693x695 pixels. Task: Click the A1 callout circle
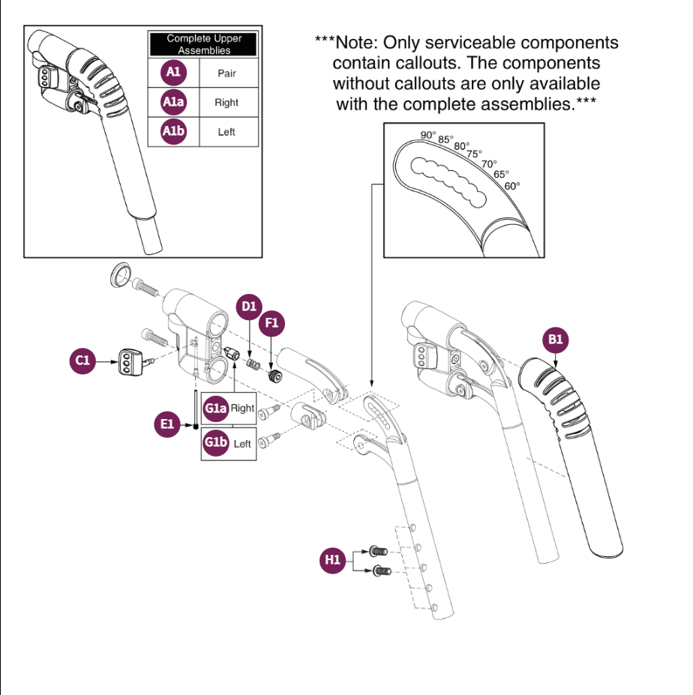click(173, 73)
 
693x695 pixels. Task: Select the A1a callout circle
click(173, 103)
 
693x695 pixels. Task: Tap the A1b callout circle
click(173, 132)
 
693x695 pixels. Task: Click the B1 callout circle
click(555, 340)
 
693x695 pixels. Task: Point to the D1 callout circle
click(248, 306)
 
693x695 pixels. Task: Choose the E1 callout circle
click(167, 425)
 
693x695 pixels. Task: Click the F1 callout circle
click(272, 324)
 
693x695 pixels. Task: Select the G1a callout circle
click(216, 409)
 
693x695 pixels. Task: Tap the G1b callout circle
click(216, 443)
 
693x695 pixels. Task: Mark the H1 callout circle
click(332, 560)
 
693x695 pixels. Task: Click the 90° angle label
click(428, 135)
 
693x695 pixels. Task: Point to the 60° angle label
click(512, 186)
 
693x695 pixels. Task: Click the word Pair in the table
click(226, 73)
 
